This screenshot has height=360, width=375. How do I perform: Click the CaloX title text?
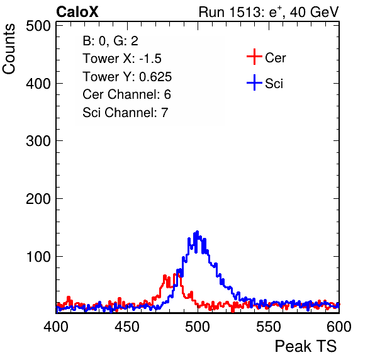click(77, 12)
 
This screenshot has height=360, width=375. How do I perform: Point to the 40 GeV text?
click(314, 12)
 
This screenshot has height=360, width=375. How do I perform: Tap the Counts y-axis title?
click(9, 49)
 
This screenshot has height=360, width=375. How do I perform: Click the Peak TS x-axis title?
click(306, 346)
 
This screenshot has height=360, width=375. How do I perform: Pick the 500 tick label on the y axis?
click(38, 26)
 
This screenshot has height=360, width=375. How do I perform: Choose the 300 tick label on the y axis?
click(38, 141)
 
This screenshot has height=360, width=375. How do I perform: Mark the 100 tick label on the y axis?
click(39, 256)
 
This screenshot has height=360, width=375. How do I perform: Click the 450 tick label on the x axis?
click(126, 326)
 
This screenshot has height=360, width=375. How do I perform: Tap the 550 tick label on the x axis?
click(268, 326)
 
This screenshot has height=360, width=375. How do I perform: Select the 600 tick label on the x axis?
click(339, 326)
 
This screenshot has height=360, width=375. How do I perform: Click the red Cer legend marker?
click(254, 57)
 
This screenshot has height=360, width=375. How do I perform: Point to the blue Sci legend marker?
click(254, 82)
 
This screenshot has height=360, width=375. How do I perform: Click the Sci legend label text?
click(274, 84)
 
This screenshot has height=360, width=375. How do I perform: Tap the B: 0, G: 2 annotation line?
click(110, 41)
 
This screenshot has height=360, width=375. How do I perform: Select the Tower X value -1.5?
click(150, 59)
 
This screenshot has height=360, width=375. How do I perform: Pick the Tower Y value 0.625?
click(155, 77)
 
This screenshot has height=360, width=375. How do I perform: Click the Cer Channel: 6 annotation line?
click(126, 94)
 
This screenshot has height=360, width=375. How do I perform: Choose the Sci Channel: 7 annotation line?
click(125, 112)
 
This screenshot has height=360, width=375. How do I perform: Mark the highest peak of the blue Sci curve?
click(198, 232)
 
